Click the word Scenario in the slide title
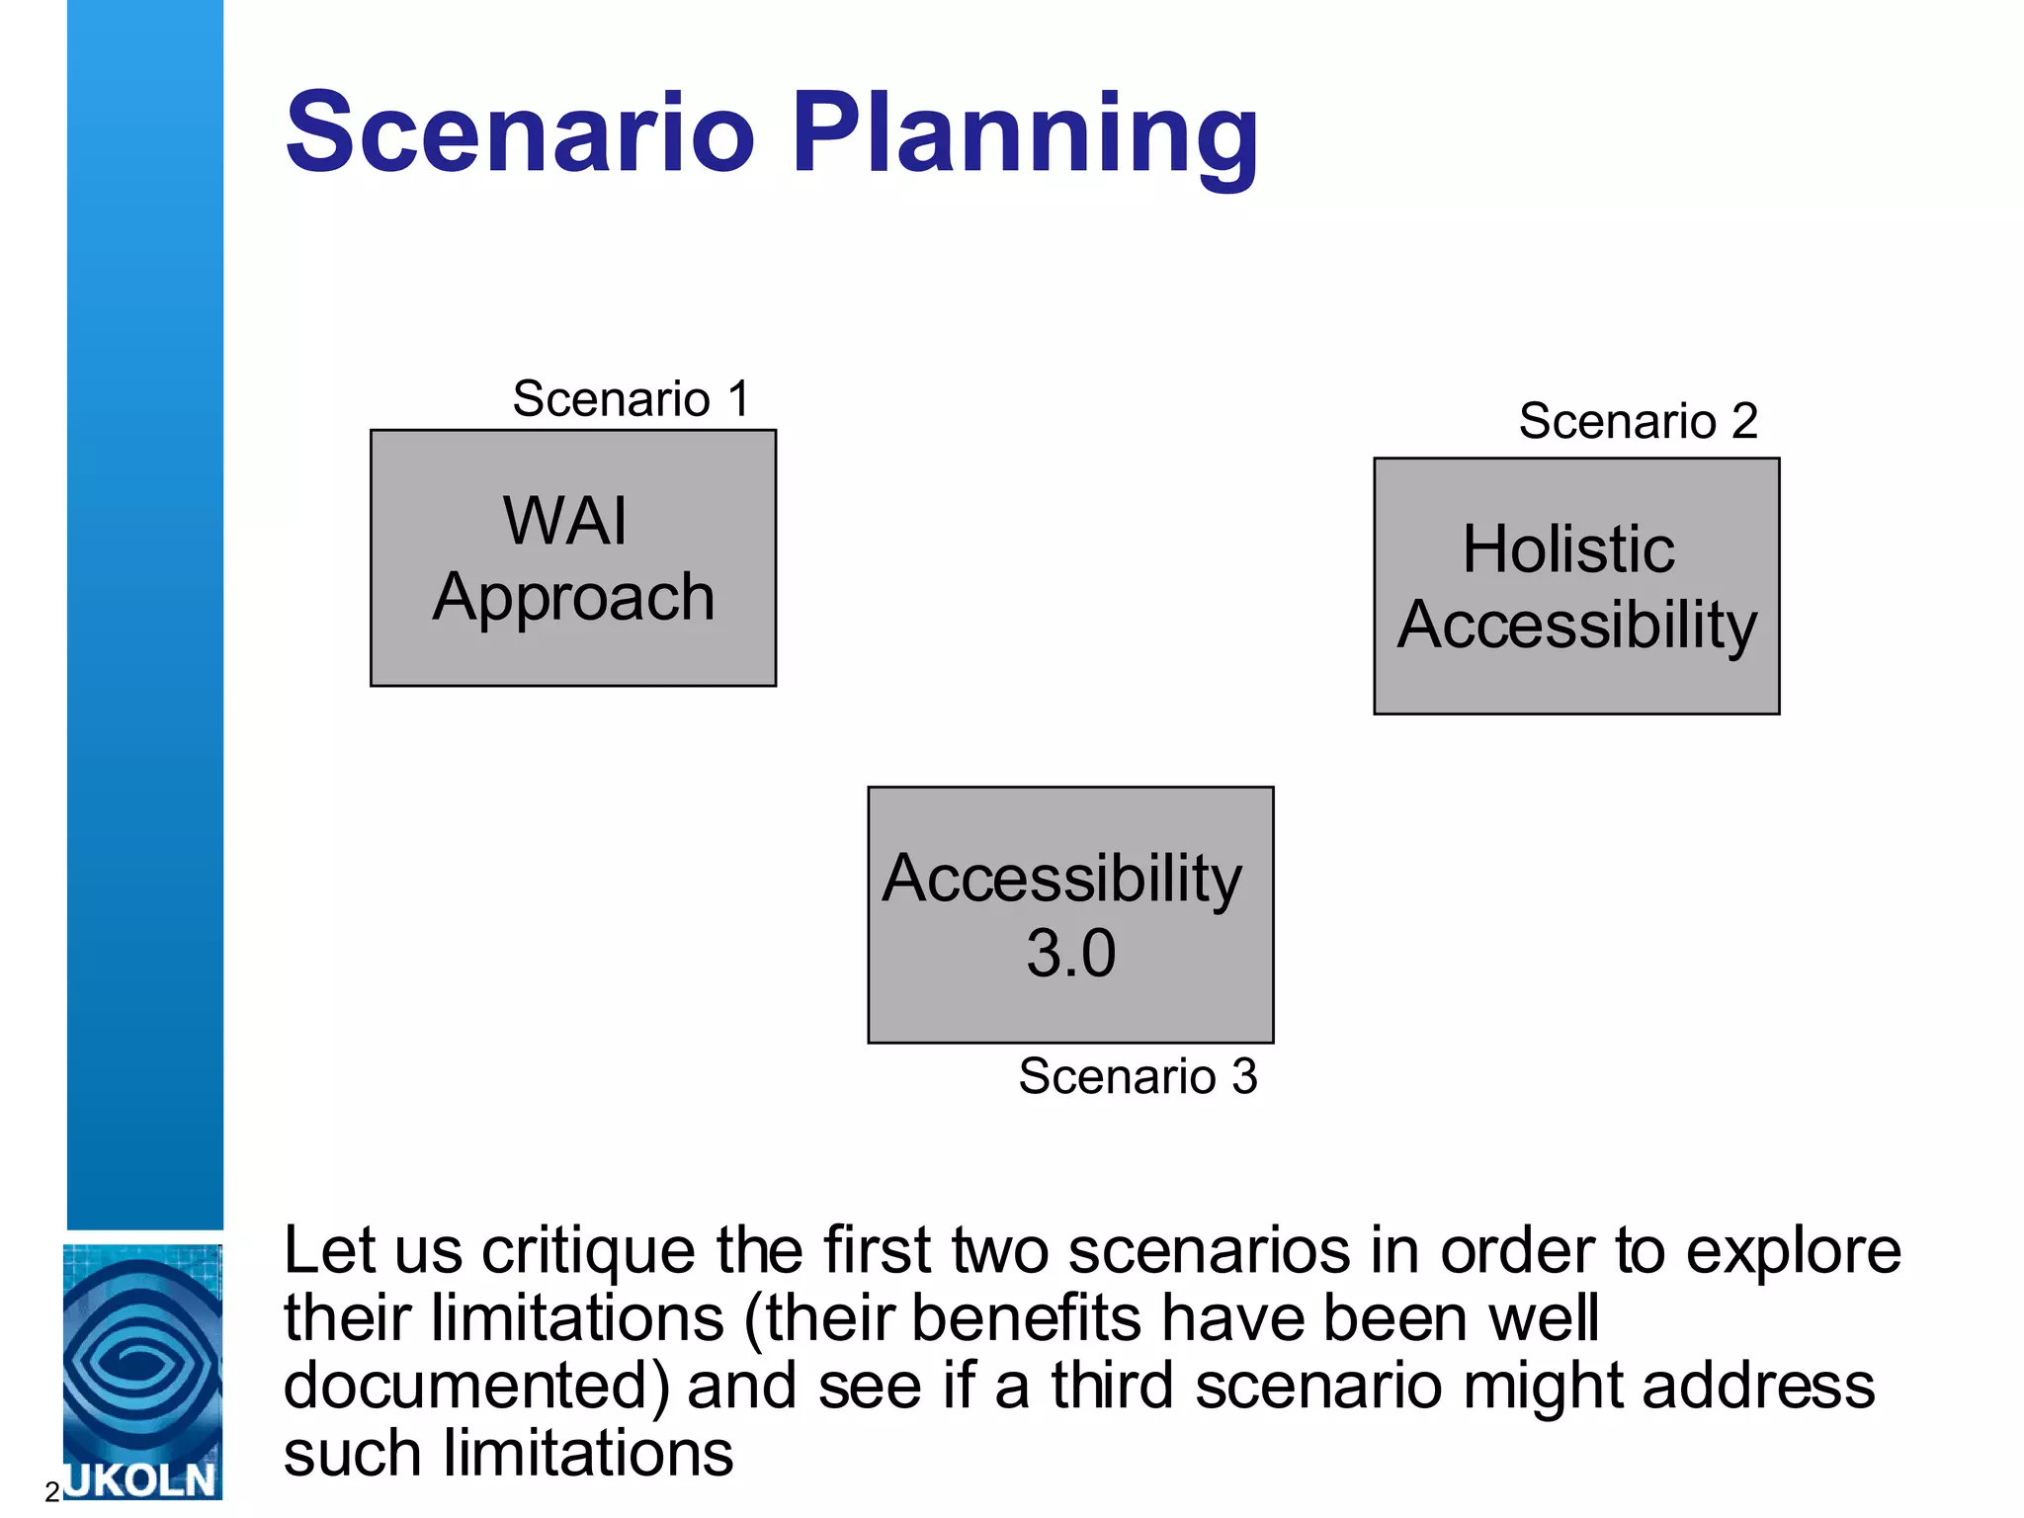click(x=520, y=132)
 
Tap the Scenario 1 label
click(x=631, y=399)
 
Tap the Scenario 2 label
click(x=1638, y=421)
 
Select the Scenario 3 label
click(x=1138, y=1076)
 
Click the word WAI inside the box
click(x=564, y=521)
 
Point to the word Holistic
click(x=1568, y=549)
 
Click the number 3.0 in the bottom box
click(x=1070, y=954)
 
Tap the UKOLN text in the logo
click(x=141, y=1479)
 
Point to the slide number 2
click(x=52, y=1492)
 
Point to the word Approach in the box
click(x=573, y=599)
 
